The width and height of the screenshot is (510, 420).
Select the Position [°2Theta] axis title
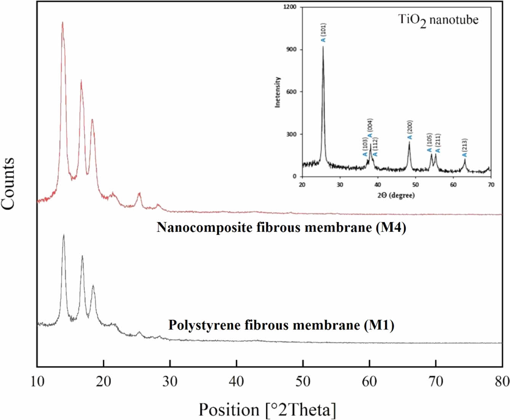coord(267,410)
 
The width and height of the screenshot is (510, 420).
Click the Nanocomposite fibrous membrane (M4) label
coord(281,228)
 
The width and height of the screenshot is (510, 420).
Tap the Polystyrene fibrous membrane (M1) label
coord(281,325)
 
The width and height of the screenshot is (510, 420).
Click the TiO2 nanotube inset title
coord(438,20)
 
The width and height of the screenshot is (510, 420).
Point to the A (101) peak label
coord(323,33)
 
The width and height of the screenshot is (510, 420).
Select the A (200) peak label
coord(410,130)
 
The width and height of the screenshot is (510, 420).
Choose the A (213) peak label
coord(464,148)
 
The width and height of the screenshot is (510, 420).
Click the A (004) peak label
coord(370,130)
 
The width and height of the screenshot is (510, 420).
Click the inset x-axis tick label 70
coord(491,185)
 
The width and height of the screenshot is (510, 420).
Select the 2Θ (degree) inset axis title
coord(396,195)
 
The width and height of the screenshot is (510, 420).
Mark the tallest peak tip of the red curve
coord(62,22)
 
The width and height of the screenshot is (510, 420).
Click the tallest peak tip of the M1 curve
coord(64,235)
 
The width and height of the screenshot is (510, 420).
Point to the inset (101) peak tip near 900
coord(323,47)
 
